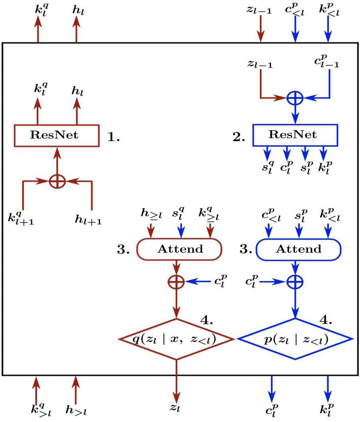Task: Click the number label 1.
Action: click(x=113, y=137)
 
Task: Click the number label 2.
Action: click(x=239, y=137)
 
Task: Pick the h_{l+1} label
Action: click(x=88, y=220)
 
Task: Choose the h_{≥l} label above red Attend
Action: click(x=151, y=214)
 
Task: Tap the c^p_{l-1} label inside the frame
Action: click(x=326, y=61)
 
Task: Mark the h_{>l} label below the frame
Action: click(x=76, y=410)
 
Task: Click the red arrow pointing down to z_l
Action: click(x=176, y=381)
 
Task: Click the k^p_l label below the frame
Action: click(x=327, y=409)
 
